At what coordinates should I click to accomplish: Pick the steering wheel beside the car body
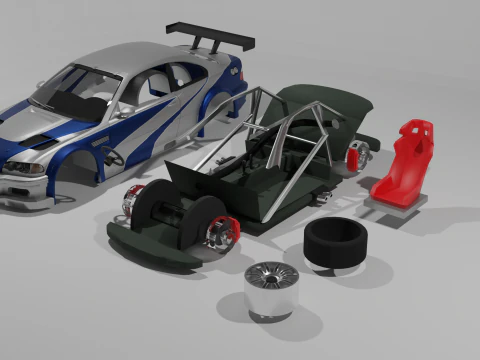pyautogui.click(x=112, y=157)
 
